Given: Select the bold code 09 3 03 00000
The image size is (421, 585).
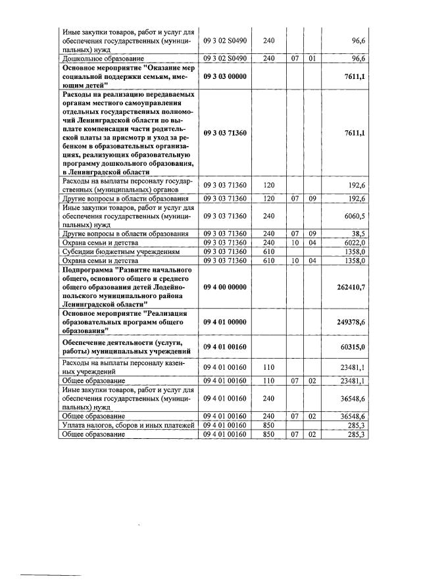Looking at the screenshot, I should coord(225,76).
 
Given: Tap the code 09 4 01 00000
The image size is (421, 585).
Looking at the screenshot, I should coord(225,320).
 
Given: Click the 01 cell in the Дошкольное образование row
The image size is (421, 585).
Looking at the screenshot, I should coord(313,59).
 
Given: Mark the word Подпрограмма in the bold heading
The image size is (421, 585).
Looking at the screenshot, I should coord(89,270).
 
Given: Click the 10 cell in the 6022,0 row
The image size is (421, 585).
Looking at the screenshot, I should coord(295,242).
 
